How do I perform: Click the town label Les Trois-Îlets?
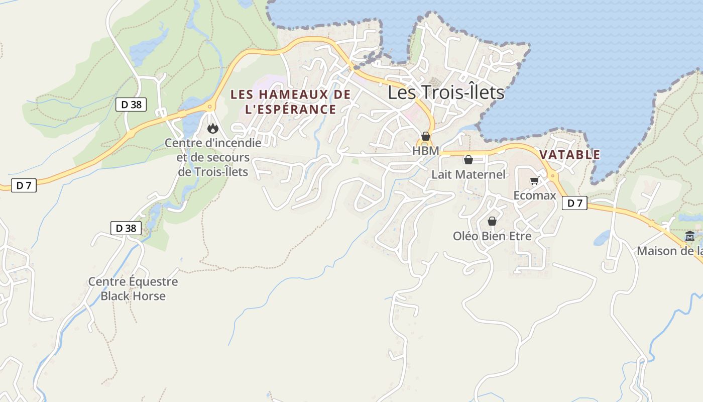[446, 93]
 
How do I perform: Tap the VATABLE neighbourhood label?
[570, 155]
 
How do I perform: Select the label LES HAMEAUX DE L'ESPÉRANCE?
[290, 102]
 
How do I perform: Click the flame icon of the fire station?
[213, 129]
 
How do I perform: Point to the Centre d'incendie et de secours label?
[213, 157]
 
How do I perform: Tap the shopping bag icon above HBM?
[426, 136]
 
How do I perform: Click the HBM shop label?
[425, 151]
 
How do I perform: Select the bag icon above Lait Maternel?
[468, 160]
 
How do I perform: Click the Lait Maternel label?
[468, 175]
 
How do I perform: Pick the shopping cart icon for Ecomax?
[534, 181]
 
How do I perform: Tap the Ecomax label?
[534, 195]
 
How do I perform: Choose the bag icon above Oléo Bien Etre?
[492, 221]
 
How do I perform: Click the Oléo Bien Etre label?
[492, 236]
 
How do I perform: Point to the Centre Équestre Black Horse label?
[133, 288]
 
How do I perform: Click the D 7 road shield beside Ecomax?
[574, 204]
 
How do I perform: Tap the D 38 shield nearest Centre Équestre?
[126, 228]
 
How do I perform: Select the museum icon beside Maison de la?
[690, 236]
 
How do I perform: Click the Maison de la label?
[670, 251]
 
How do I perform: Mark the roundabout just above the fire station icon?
[209, 107]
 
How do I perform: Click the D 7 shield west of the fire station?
[24, 185]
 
